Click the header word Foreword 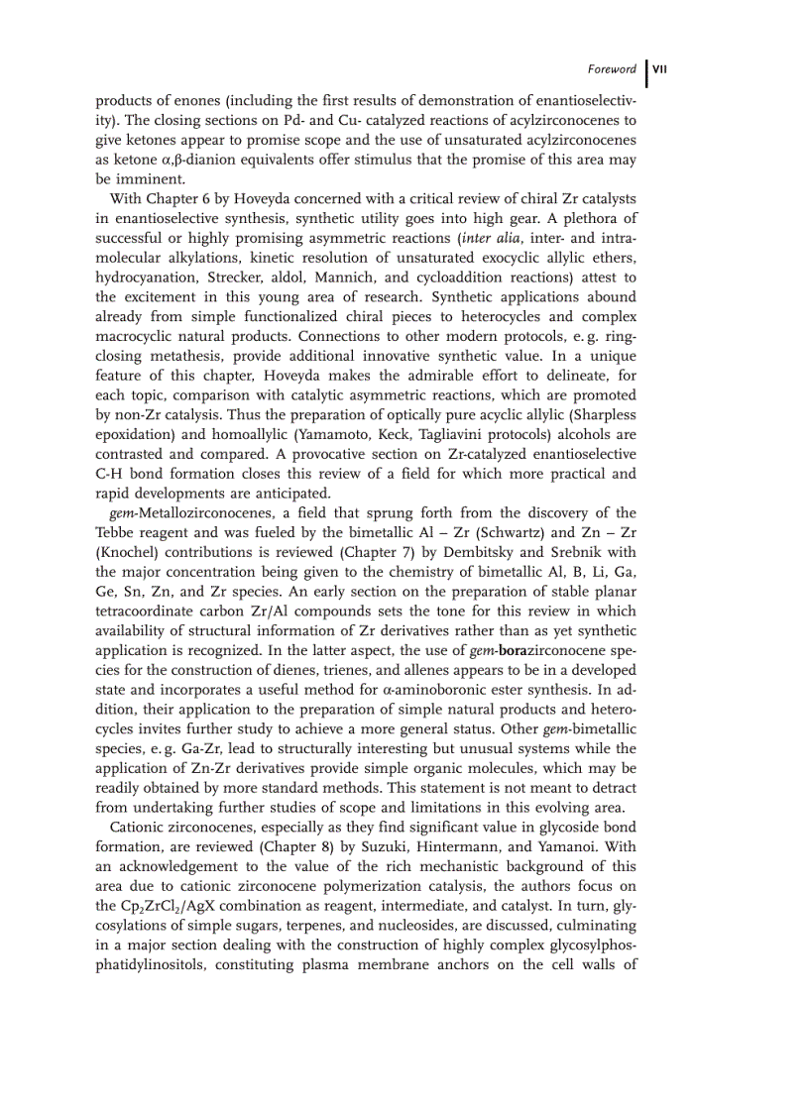pos(611,69)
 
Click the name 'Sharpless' pos(603,414)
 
